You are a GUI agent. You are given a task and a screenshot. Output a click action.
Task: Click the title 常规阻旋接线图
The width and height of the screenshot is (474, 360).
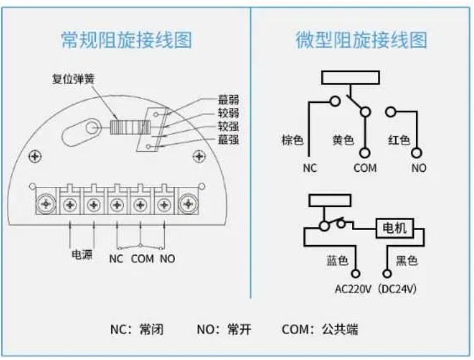pyautogui.click(x=126, y=40)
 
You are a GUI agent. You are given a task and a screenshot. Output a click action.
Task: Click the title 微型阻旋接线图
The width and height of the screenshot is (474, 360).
pyautogui.click(x=361, y=40)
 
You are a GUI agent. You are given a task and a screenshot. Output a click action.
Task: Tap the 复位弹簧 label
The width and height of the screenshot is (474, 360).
pyautogui.click(x=73, y=79)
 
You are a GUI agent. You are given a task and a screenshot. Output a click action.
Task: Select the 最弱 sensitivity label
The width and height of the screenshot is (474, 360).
pyautogui.click(x=229, y=99)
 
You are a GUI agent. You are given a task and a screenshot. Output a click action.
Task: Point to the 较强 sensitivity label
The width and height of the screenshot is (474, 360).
pyautogui.click(x=229, y=126)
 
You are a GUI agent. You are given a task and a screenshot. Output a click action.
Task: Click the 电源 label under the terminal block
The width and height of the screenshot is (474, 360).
pyautogui.click(x=82, y=255)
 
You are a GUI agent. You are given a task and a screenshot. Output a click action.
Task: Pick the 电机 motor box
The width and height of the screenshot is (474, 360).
pyautogui.click(x=394, y=228)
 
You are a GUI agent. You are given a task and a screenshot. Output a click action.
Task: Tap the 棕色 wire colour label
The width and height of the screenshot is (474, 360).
pyautogui.click(x=293, y=140)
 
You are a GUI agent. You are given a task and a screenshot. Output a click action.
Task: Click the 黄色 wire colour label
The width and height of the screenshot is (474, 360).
pyautogui.click(x=343, y=140)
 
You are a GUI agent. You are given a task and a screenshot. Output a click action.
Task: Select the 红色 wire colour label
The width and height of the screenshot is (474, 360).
pyautogui.click(x=399, y=140)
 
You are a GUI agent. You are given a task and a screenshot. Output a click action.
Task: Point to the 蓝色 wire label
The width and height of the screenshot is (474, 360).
pyautogui.click(x=337, y=260)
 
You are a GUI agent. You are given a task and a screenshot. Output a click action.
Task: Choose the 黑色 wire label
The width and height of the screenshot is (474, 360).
pyautogui.click(x=406, y=260)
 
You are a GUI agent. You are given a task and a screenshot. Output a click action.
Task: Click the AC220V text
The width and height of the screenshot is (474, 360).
pyautogui.click(x=353, y=289)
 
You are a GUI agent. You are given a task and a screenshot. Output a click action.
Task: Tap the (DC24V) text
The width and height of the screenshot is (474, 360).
pyautogui.click(x=397, y=289)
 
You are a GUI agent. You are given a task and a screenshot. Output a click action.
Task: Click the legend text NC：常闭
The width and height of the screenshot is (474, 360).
pyautogui.click(x=137, y=329)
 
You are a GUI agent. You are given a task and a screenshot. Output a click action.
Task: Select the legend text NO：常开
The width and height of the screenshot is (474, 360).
pyautogui.click(x=224, y=329)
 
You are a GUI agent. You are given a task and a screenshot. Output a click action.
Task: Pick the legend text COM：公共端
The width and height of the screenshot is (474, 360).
pyautogui.click(x=320, y=329)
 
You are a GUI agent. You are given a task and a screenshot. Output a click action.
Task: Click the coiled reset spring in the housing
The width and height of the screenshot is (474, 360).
pyautogui.click(x=130, y=127)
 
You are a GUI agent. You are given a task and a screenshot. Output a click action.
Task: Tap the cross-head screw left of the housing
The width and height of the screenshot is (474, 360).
pyautogui.click(x=35, y=157)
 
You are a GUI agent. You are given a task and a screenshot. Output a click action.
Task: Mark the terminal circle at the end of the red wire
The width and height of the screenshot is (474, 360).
pyautogui.click(x=416, y=153)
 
